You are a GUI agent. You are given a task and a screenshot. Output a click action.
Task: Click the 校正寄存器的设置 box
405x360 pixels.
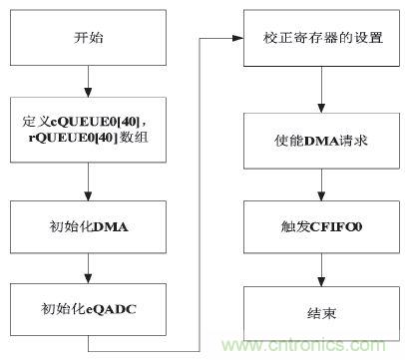coord(319,41)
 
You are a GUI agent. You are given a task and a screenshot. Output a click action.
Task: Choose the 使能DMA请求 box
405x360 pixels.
coord(319,141)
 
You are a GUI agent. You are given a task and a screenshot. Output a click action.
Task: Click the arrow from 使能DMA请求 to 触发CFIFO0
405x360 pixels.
coord(319,181)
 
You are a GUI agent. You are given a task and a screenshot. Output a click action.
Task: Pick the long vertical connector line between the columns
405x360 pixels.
coord(202,189)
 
